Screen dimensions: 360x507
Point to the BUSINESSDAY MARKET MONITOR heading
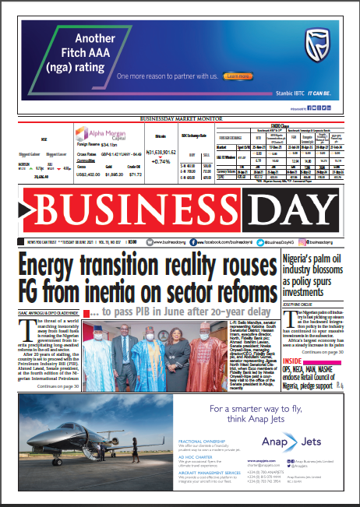(180, 118)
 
